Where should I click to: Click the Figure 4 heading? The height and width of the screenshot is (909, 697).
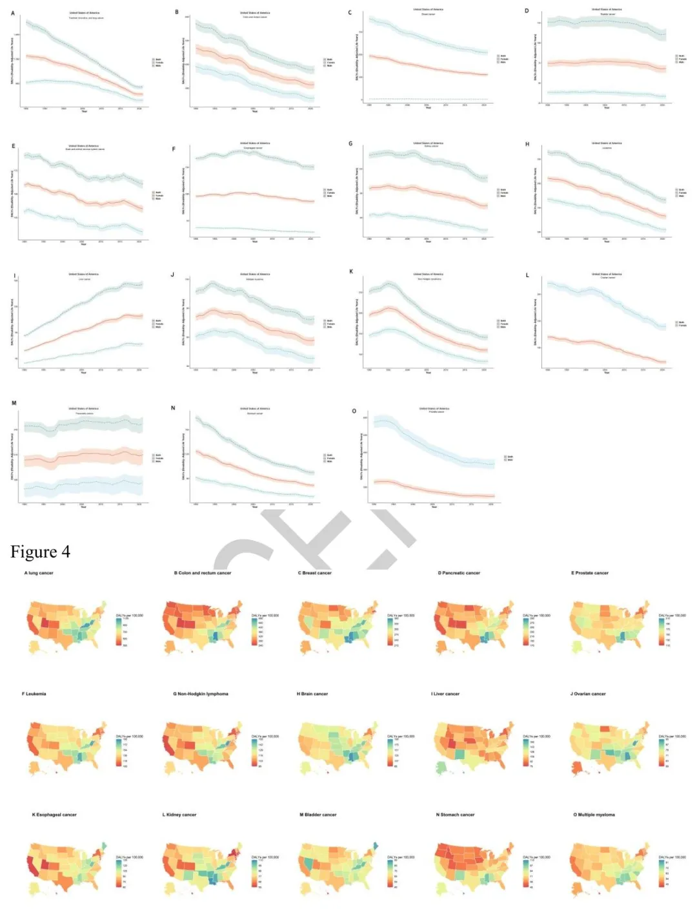40,552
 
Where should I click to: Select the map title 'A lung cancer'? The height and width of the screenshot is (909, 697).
39,573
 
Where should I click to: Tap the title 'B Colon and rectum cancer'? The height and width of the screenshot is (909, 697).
202,573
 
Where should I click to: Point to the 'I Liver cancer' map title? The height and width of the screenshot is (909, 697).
445,694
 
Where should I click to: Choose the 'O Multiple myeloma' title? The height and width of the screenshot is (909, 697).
594,815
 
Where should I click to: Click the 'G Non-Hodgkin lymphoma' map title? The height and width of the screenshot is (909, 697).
200,694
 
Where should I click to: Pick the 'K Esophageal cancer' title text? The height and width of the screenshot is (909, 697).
54,815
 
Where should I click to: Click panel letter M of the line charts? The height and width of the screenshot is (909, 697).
14,403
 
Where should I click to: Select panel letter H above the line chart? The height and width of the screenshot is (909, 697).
527,144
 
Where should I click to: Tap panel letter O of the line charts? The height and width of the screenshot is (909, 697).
354,411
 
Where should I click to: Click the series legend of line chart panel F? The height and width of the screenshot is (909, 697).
328,193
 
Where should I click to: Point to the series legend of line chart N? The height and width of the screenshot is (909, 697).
328,458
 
